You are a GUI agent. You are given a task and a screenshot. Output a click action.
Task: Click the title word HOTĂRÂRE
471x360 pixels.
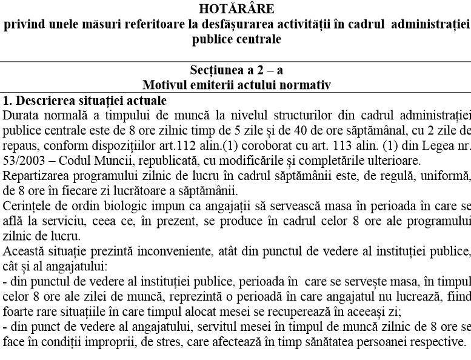236,10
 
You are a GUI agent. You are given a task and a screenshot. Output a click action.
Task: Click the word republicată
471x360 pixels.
149,161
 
